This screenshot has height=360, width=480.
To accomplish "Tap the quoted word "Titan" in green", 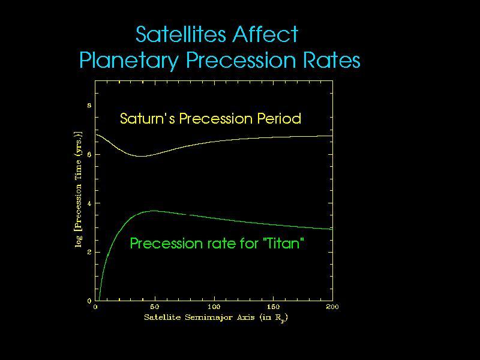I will click(x=281, y=244).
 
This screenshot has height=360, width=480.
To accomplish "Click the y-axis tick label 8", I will click(x=89, y=106).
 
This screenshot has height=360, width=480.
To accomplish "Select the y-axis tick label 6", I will click(x=89, y=155).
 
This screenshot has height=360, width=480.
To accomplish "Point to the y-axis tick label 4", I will click(x=89, y=203).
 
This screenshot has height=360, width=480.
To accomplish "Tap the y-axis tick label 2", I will click(x=89, y=253).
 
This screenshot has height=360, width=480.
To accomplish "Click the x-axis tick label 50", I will click(x=154, y=307).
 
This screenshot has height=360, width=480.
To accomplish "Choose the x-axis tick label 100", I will click(x=214, y=307).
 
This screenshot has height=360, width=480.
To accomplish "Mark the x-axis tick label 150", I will click(x=273, y=307).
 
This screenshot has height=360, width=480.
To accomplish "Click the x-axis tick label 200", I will click(x=332, y=307).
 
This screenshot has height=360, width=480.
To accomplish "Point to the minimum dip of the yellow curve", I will click(x=142, y=156).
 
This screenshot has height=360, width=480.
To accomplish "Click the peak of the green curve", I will click(x=154, y=211).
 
